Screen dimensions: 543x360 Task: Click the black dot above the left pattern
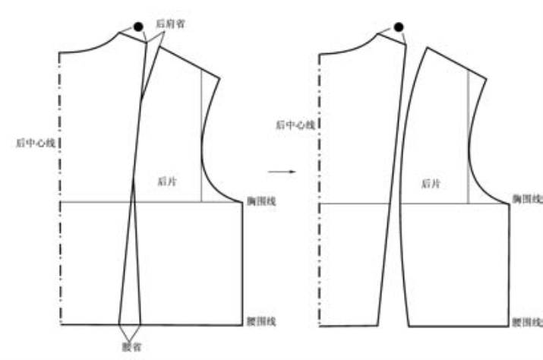[x=138, y=27]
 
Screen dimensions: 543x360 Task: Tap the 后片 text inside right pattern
[x=431, y=183]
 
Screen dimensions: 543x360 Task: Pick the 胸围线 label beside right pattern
[x=526, y=199]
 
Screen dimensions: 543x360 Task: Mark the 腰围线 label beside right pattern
[x=526, y=322]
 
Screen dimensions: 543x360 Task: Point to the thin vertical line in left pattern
[x=201, y=137]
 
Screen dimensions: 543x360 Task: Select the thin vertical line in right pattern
[x=468, y=137]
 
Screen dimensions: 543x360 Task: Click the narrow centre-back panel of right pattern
[x=357, y=190]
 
